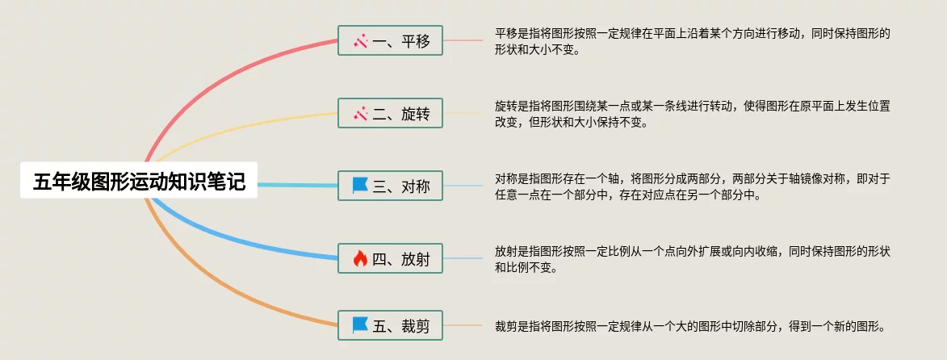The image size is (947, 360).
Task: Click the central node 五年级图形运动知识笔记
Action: click(x=139, y=181)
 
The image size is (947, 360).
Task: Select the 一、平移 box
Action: click(x=391, y=40)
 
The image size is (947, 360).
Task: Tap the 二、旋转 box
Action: click(x=391, y=114)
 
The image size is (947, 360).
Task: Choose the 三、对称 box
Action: click(x=391, y=186)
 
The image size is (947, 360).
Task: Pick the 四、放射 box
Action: click(x=391, y=259)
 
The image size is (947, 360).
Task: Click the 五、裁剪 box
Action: click(x=391, y=326)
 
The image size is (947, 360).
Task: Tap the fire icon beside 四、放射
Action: click(x=360, y=259)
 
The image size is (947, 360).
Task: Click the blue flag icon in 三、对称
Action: click(x=360, y=186)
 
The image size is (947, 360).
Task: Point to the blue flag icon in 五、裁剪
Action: click(x=360, y=326)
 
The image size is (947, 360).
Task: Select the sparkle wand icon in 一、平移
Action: click(x=360, y=40)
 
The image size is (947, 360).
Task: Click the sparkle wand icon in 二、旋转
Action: click(x=360, y=114)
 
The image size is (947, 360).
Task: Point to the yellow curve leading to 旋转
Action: click(x=242, y=128)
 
